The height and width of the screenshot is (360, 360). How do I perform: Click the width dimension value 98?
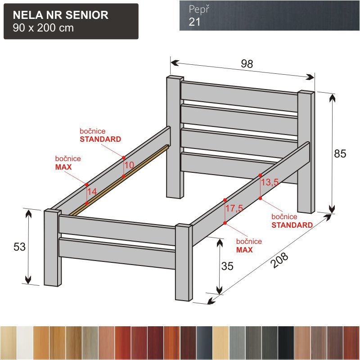(247, 63)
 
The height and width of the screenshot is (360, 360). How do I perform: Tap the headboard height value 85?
(340, 153)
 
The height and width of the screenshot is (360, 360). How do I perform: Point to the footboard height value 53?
(19, 247)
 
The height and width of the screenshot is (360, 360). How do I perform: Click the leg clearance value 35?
(227, 266)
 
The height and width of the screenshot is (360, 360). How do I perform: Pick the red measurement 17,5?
(234, 208)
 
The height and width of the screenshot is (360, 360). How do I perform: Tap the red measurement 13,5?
(270, 182)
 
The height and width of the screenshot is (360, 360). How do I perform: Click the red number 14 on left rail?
(92, 192)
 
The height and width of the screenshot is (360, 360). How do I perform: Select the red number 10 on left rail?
(129, 165)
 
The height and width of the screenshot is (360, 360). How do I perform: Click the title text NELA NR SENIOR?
(61, 15)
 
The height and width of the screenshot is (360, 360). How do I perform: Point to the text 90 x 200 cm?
(43, 28)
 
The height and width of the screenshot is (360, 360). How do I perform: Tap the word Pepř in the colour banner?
(199, 9)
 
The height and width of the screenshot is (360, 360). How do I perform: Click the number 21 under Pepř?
(194, 22)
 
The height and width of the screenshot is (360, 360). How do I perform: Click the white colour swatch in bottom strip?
(25, 342)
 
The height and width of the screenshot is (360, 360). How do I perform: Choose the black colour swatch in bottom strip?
(286, 342)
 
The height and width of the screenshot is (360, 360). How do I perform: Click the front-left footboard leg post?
(53, 248)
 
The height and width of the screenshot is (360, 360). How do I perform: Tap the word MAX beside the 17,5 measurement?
(244, 250)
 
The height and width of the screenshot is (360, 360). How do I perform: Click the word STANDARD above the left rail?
(100, 139)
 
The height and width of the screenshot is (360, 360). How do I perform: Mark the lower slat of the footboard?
(117, 253)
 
